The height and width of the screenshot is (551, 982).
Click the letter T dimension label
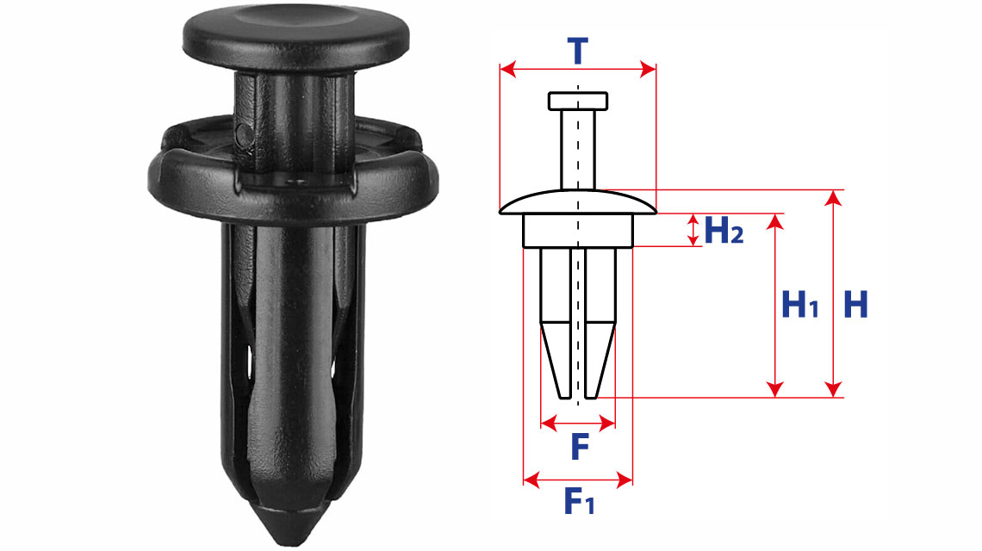point(577,51)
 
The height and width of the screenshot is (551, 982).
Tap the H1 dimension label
point(800,305)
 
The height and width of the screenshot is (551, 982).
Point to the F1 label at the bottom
point(580,500)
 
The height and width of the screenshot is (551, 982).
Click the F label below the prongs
point(580,447)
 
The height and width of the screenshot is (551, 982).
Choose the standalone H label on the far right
point(856,305)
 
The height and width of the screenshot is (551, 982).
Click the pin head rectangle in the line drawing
point(578,102)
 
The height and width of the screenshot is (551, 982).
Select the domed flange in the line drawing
point(578,202)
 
